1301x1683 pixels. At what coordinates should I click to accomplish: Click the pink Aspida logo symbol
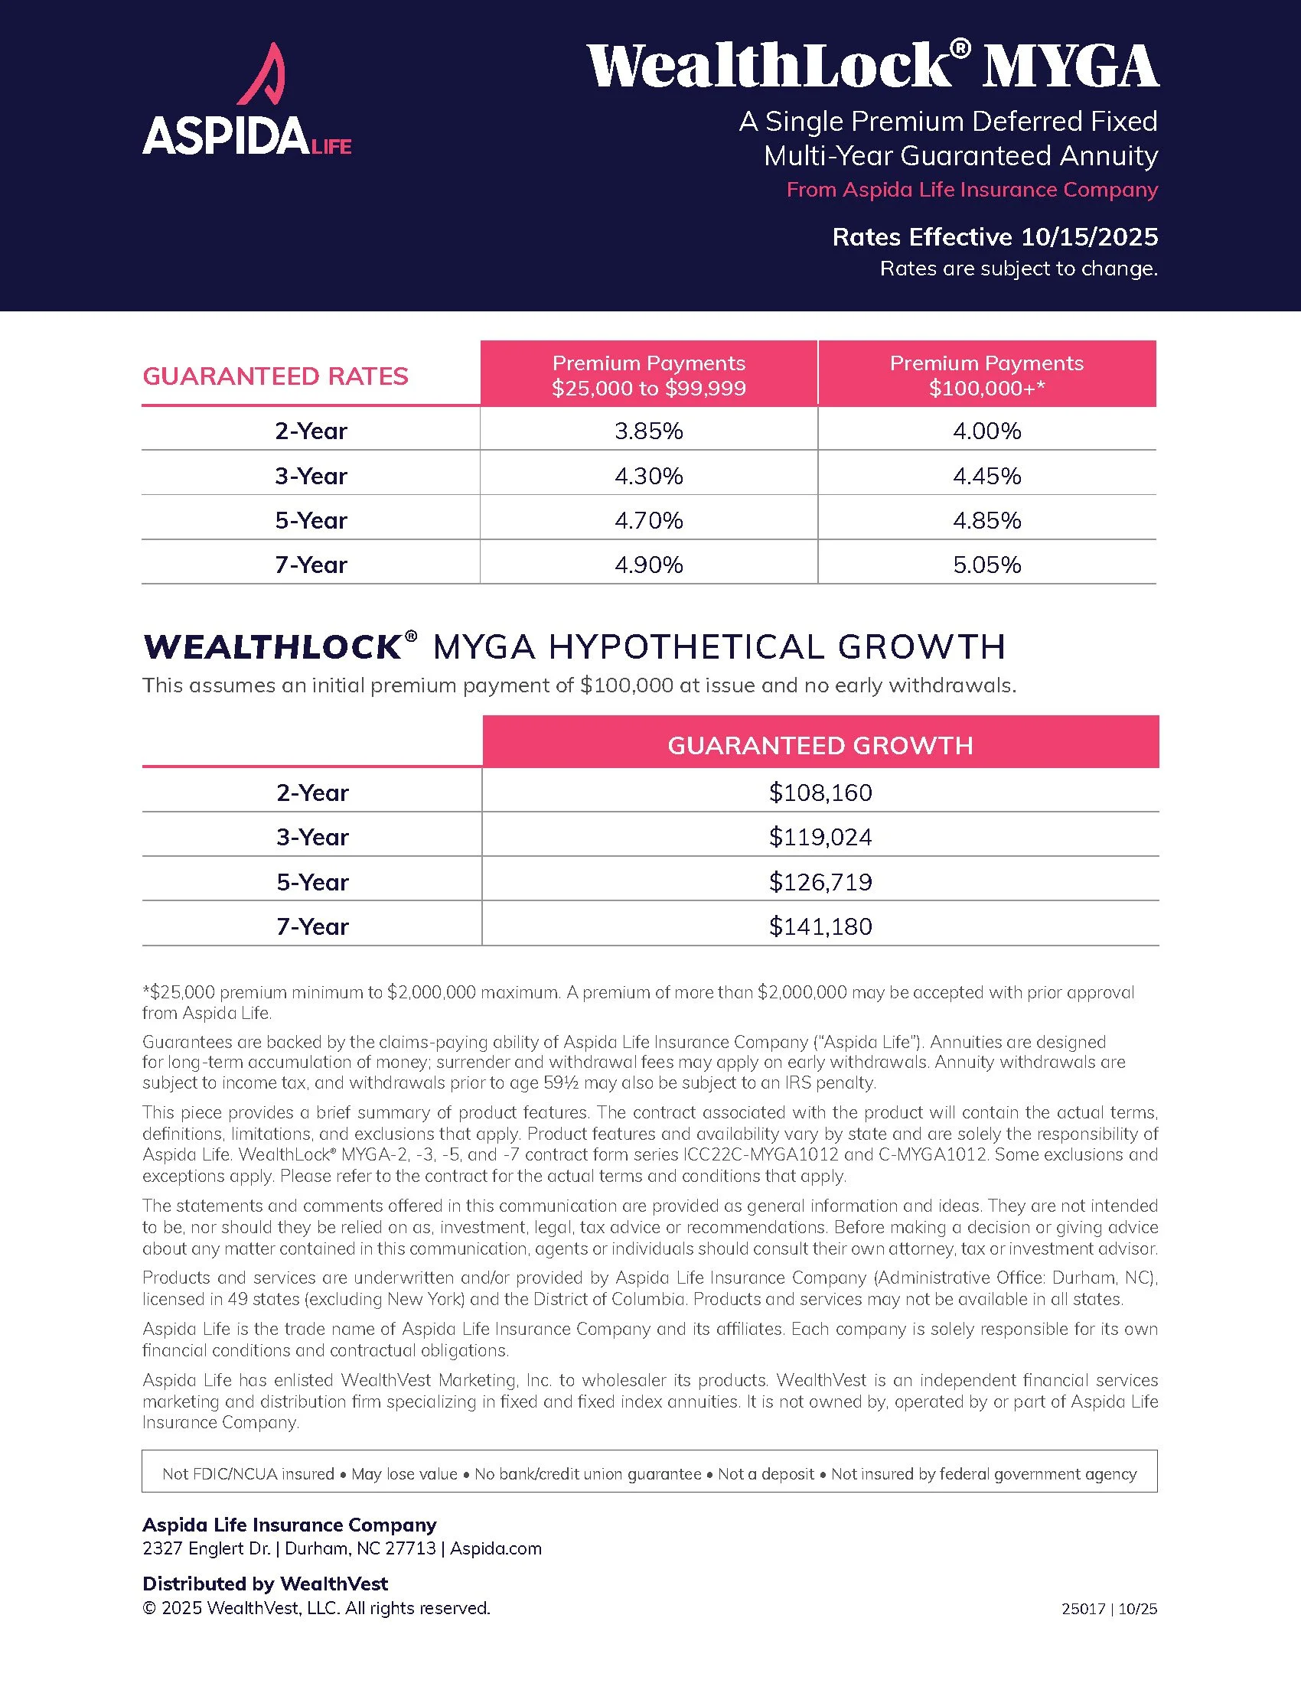tap(262, 76)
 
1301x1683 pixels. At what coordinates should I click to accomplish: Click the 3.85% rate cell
tap(648, 431)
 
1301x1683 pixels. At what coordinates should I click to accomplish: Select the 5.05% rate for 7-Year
tap(986, 565)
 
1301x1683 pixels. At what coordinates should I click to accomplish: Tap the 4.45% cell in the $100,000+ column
tap(986, 476)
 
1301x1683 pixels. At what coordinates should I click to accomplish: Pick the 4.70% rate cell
tap(648, 520)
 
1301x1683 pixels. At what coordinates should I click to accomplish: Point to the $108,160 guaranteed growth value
tap(820, 793)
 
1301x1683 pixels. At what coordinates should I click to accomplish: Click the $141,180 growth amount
tap(820, 926)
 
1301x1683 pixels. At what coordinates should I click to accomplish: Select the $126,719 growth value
tap(820, 881)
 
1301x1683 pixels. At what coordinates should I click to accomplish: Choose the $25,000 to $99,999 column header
tap(648, 375)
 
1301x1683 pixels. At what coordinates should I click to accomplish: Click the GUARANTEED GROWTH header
tap(820, 745)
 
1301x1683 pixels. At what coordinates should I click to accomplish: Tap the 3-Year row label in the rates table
tap(311, 476)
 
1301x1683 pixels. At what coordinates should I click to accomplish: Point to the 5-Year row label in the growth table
tap(312, 881)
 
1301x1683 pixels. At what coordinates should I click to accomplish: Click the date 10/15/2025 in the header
tap(1089, 236)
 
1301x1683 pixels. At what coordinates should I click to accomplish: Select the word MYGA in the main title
tap(1071, 67)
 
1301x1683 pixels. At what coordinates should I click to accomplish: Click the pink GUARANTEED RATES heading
tap(276, 376)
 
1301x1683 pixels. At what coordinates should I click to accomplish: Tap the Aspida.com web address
tap(496, 1548)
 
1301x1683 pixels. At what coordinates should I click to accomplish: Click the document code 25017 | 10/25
tap(1109, 1609)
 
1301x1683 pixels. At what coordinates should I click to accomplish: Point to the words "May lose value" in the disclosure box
tap(404, 1473)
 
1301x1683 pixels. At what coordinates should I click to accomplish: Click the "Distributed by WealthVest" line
tap(265, 1584)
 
